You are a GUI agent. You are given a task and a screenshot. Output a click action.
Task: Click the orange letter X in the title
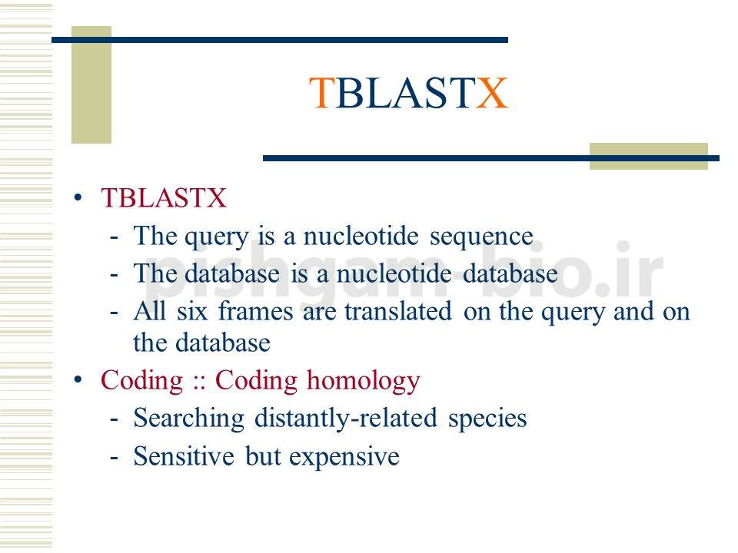coord(492,93)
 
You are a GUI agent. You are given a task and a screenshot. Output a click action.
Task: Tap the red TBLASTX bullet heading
coord(163,197)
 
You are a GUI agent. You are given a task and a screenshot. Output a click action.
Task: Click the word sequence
coord(481,237)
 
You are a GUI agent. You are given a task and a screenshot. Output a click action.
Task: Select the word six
coord(192,311)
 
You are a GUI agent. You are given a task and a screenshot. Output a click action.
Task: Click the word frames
coord(255,311)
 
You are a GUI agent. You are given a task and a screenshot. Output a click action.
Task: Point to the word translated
coord(398,311)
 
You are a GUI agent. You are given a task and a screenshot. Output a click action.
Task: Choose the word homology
coord(364,381)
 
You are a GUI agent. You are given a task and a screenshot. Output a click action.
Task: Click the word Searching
coord(189,419)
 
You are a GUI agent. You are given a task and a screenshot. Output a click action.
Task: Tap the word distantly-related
coord(346,419)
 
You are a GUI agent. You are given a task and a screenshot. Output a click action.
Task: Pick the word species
coord(487,419)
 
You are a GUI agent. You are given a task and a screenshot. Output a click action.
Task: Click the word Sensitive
coord(184,456)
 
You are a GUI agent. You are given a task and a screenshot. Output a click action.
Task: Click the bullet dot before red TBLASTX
coord(78,197)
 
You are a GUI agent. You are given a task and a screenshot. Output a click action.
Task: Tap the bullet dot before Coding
coord(78,379)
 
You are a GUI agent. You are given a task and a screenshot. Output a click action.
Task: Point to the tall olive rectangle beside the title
coord(91,84)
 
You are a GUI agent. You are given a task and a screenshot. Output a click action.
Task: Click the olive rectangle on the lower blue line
coord(649,156)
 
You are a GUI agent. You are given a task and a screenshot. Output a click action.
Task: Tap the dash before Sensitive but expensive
coord(114,456)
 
